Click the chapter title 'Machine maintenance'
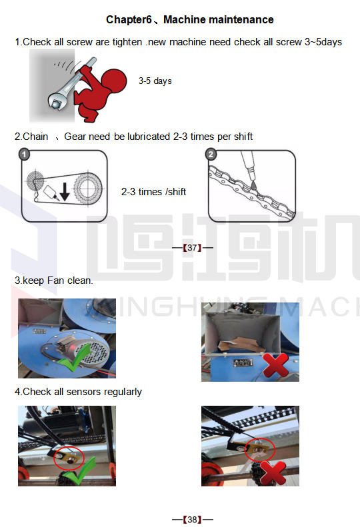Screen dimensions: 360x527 [219, 20]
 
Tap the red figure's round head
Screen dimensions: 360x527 [115, 81]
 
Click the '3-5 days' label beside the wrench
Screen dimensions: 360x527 [155, 81]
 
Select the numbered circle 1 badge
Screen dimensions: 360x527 [24, 155]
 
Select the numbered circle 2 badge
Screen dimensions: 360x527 [211, 155]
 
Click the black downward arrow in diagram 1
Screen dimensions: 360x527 [65, 192]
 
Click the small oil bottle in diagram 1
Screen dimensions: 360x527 [51, 193]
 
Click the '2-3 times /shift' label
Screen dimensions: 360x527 [153, 192]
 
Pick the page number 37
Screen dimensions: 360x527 [192, 248]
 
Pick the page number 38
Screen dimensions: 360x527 [192, 519]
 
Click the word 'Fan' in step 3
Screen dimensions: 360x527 [55, 280]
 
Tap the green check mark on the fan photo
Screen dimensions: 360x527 [75, 357]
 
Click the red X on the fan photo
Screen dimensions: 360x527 [275, 365]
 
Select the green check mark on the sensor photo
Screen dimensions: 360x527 [80, 471]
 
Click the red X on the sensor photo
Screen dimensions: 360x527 [273, 472]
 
